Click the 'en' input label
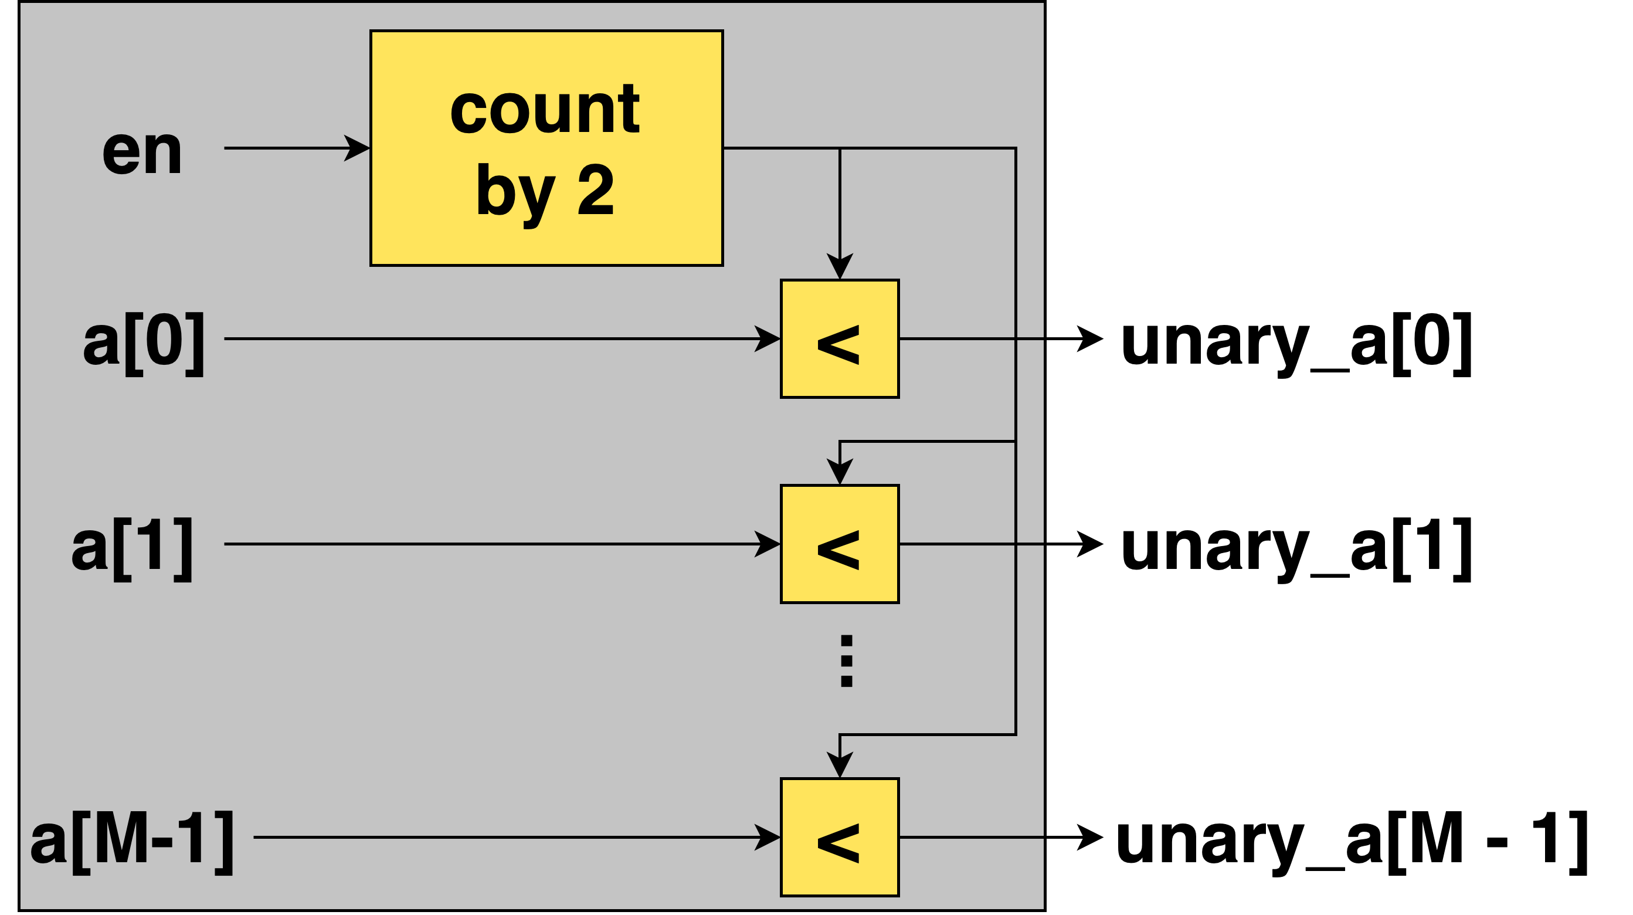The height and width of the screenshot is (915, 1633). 142,151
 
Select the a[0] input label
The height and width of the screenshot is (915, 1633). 144,343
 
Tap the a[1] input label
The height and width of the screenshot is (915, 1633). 132,547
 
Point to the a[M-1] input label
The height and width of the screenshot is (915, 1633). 132,841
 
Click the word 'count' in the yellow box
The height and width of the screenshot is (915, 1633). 545,109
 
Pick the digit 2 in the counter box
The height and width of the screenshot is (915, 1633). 595,190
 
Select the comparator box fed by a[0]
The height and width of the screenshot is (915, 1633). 839,339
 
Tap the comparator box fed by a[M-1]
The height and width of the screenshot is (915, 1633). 839,837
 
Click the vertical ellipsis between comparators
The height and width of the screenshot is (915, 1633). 846,660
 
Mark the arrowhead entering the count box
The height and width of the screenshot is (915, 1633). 358,148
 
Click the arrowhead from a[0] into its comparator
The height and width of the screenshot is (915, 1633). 768,338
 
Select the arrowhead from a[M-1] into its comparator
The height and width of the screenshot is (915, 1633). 768,837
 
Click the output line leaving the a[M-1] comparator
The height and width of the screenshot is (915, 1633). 970,837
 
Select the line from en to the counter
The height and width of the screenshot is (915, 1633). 286,148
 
